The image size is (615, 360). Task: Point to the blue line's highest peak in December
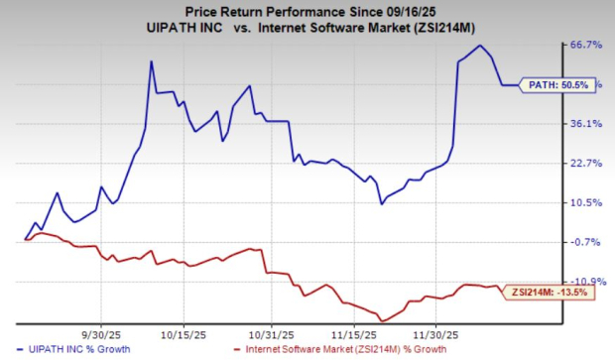tap(480, 46)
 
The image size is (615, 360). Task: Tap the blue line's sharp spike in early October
tap(151, 61)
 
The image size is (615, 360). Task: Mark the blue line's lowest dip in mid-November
tap(382, 204)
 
